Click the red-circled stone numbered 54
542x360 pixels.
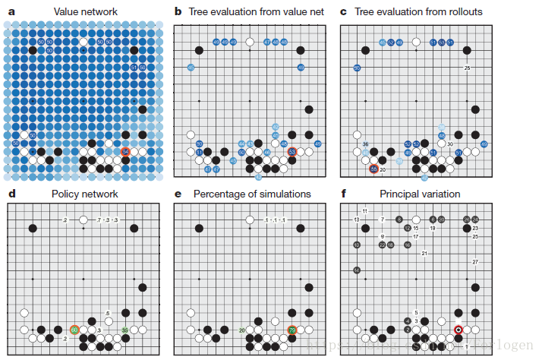[x=126, y=152]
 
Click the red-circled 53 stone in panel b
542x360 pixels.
[x=292, y=152]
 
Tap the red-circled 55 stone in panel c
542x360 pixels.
[x=374, y=169]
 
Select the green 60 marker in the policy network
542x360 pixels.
[x=74, y=330]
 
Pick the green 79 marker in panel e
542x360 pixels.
[x=292, y=330]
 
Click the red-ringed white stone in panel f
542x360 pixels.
[x=458, y=330]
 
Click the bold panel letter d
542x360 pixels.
[x=11, y=194]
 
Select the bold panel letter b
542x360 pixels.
[x=178, y=12]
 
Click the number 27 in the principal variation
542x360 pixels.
[x=475, y=262]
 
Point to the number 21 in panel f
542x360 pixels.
[x=424, y=253]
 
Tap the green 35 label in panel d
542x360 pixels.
[x=124, y=330]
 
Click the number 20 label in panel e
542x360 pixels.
[x=241, y=330]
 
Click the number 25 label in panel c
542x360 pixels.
[x=467, y=68]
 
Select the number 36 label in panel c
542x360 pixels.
[x=365, y=144]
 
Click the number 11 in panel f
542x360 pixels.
[x=365, y=210]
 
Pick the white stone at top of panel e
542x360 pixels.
[x=250, y=220]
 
